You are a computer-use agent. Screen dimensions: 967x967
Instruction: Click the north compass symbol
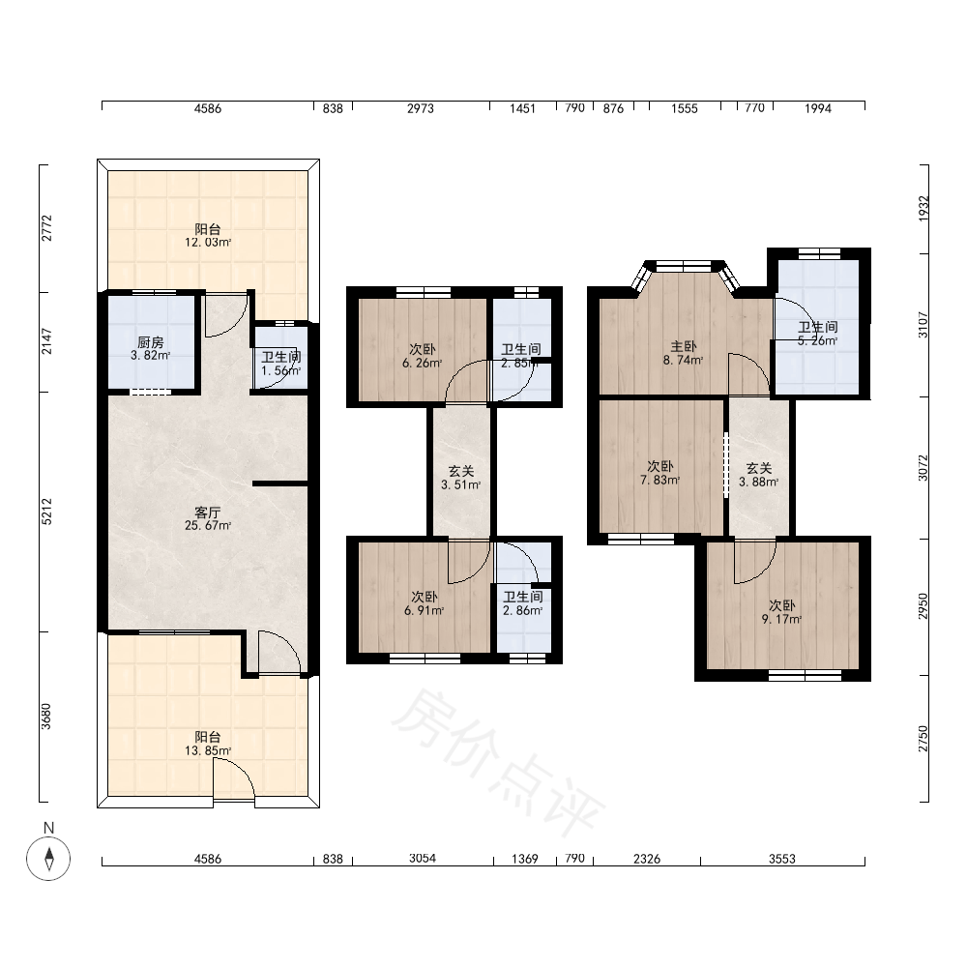click(48, 858)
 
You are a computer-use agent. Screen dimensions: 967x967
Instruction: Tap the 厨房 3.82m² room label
click(151, 348)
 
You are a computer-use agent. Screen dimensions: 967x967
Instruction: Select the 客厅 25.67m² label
click(208, 518)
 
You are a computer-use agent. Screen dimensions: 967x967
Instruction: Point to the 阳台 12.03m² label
click(208, 236)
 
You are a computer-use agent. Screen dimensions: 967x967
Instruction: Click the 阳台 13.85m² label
click(208, 744)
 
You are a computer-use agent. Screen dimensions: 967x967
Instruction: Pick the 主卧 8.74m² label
click(684, 353)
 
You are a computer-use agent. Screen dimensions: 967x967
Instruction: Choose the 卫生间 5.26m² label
click(818, 334)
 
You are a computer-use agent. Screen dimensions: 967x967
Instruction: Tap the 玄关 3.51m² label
click(460, 478)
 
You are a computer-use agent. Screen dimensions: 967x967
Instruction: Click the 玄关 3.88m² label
click(758, 475)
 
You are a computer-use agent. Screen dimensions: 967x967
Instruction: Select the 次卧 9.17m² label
click(782, 612)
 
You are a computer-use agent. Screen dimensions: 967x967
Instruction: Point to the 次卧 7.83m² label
click(659, 473)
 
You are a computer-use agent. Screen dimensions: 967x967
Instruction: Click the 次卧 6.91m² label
click(425, 603)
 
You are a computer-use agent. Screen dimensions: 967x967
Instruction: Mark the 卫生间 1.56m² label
click(281, 364)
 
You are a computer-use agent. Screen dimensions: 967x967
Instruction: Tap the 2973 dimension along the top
click(421, 108)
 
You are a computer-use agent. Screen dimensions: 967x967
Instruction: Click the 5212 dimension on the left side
click(46, 512)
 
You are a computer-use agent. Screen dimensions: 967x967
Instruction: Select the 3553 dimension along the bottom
click(782, 859)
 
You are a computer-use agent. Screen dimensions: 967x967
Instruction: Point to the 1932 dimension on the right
click(923, 209)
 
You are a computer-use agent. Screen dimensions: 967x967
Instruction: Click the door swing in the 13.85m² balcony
click(234, 779)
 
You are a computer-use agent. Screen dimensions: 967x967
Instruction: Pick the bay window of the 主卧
click(685, 274)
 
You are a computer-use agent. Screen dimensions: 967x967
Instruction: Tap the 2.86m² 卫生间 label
click(523, 603)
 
